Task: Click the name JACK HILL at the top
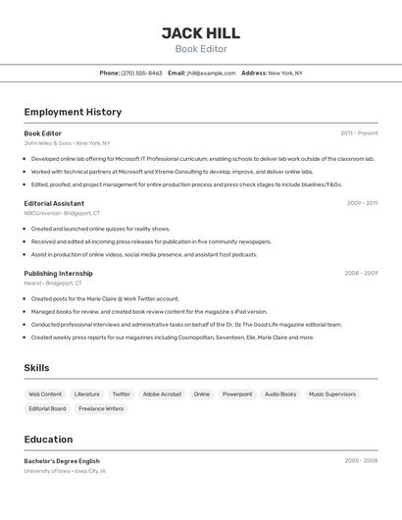click(200, 32)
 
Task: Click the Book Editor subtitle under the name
click(200, 49)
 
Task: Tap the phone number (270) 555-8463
click(141, 73)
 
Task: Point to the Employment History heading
click(73, 112)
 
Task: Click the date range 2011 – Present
click(359, 133)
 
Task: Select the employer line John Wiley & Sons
click(67, 143)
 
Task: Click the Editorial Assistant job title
click(54, 203)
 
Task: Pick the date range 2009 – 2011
click(362, 203)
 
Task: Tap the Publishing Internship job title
click(58, 273)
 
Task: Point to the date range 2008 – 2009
click(361, 274)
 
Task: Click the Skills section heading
click(37, 368)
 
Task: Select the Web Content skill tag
click(45, 394)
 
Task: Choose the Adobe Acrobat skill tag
click(162, 394)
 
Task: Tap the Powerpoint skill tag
click(237, 394)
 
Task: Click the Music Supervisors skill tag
click(332, 394)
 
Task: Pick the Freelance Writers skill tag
click(101, 408)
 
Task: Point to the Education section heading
click(48, 440)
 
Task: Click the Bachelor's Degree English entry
click(62, 460)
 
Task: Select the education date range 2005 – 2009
click(361, 460)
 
